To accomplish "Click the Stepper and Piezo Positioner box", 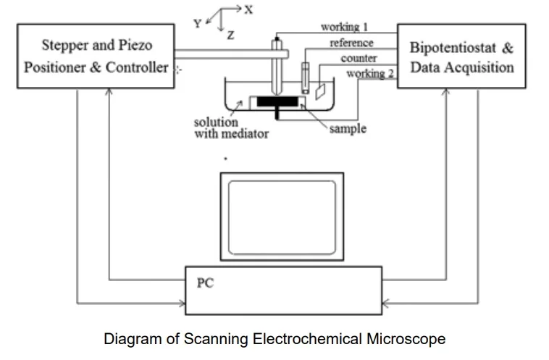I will click(96, 57).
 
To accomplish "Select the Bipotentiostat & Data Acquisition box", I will click(462, 57).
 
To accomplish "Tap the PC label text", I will click(206, 282).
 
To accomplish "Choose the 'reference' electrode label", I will click(351, 43).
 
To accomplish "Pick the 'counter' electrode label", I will click(359, 58).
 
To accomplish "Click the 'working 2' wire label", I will click(369, 73).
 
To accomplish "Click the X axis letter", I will click(248, 10).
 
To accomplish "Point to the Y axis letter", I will click(197, 23).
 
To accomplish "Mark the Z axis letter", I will click(230, 35).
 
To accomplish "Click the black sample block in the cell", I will click(279, 101).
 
